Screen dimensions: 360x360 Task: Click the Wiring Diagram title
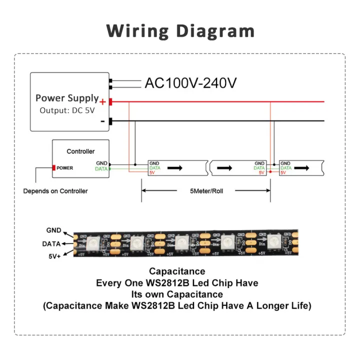pos(180,31)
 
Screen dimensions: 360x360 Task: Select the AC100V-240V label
pos(190,83)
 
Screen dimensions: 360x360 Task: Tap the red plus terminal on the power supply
pos(110,102)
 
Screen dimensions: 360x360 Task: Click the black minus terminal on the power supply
pos(110,121)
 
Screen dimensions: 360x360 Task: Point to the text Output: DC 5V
pos(67,110)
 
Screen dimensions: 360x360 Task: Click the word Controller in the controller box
pos(80,151)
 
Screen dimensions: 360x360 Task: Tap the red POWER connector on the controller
pos(53,168)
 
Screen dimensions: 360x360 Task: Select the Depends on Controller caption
pos(55,191)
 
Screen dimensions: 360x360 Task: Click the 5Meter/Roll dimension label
pos(206,191)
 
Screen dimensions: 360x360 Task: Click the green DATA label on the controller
pos(101,169)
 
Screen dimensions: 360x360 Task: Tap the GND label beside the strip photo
pos(53,230)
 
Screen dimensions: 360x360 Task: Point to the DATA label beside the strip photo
pos(52,243)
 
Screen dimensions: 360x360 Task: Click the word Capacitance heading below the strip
pos(177,271)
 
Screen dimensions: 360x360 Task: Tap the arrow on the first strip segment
pos(175,168)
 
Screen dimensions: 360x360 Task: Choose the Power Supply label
pos(67,98)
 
